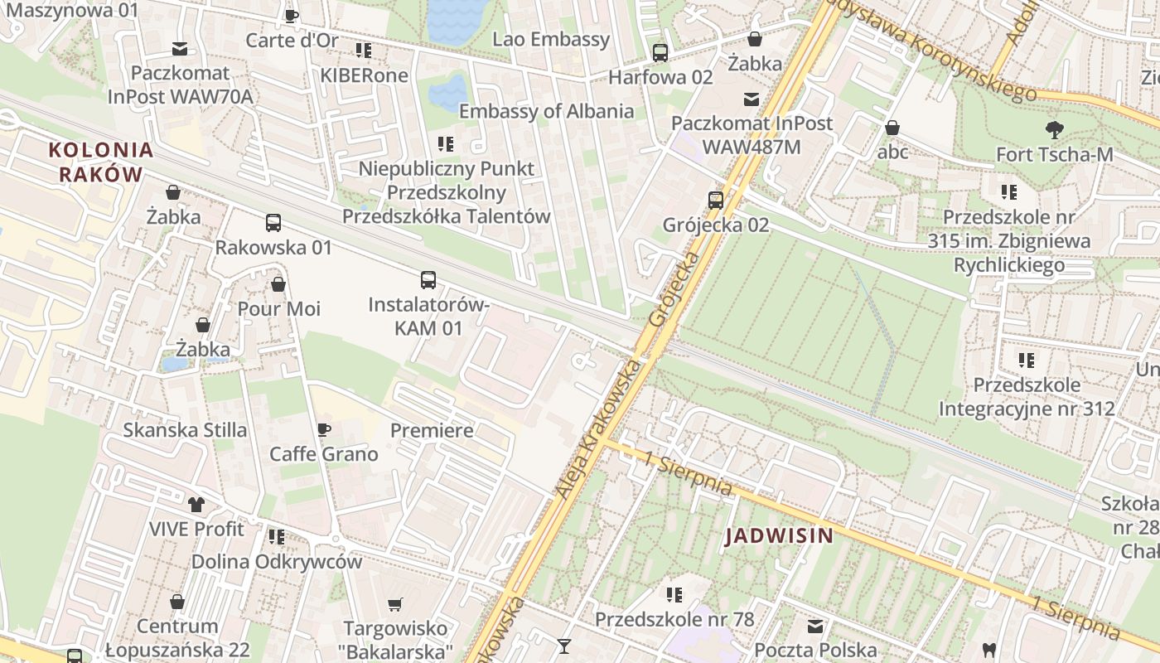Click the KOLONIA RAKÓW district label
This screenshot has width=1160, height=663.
(101, 162)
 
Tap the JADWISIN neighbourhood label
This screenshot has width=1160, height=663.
(780, 536)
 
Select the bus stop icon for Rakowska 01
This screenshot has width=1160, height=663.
(273, 223)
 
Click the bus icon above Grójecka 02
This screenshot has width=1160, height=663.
(716, 200)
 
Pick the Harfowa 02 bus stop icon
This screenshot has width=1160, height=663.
(660, 53)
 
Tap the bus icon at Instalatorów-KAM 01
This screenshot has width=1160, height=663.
(428, 280)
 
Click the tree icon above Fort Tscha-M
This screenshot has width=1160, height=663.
(1054, 129)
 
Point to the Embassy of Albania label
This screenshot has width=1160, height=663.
(546, 111)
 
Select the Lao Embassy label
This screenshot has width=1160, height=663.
(551, 39)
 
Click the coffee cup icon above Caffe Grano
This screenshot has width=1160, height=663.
(324, 429)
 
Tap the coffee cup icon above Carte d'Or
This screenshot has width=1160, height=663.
(292, 16)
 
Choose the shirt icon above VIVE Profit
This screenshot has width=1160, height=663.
(196, 504)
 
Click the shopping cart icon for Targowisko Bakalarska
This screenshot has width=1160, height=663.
(396, 604)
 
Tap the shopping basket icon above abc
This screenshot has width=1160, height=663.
(892, 128)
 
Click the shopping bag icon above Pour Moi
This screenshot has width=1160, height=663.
(278, 284)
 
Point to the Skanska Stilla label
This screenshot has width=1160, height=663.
(185, 430)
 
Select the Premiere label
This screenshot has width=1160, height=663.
(432, 430)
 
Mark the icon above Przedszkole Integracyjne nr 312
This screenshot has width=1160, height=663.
(1027, 361)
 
